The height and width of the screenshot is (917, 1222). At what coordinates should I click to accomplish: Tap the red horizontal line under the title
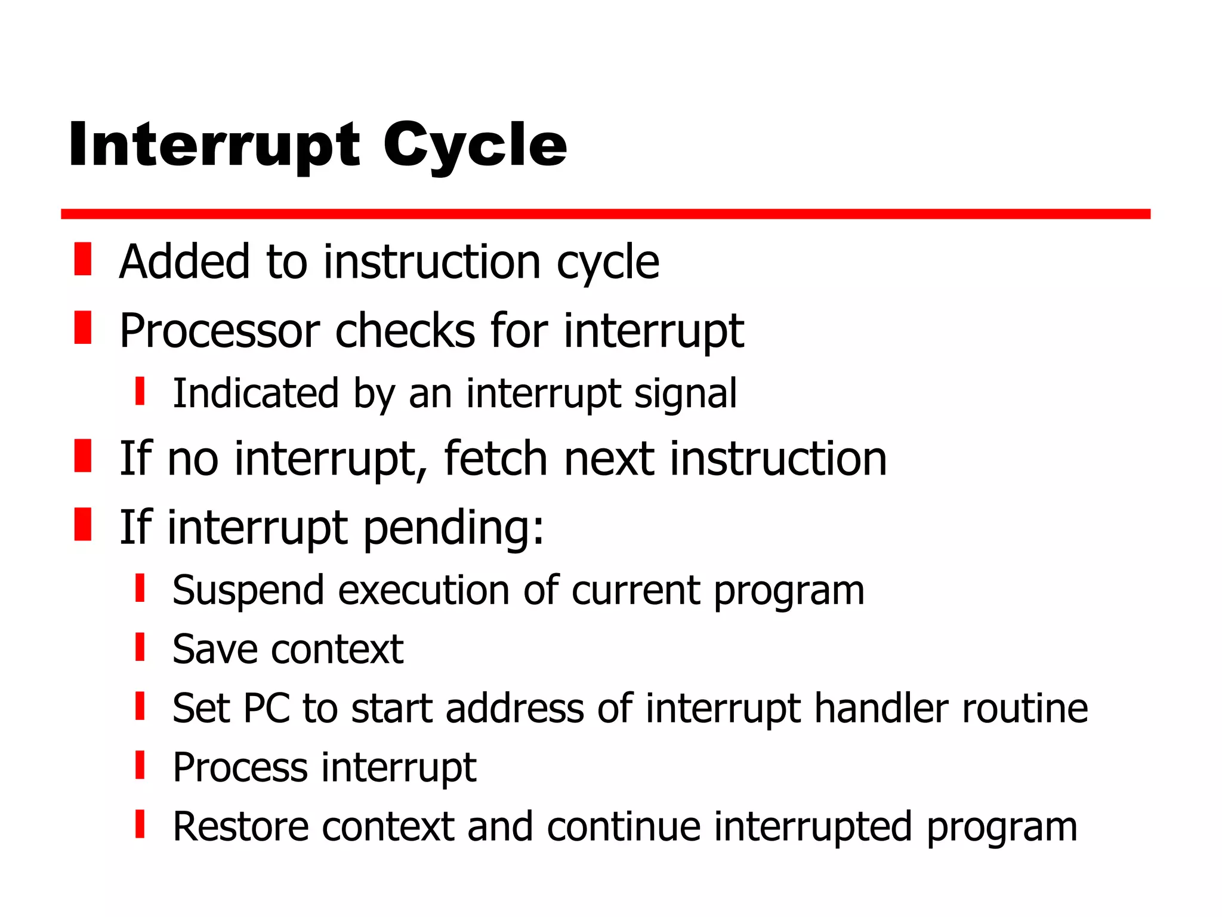coord(605,214)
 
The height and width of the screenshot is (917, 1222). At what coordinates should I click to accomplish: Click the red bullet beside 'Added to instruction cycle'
coord(83,259)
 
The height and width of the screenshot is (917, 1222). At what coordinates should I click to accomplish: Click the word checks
coord(405,331)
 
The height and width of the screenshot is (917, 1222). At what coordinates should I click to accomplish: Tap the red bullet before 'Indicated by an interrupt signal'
coord(140,391)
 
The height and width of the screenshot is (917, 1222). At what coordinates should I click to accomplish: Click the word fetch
coord(496,459)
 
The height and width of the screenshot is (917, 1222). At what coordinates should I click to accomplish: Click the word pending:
coord(453,528)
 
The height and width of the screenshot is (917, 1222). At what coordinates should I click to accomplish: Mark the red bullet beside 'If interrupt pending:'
coord(83,524)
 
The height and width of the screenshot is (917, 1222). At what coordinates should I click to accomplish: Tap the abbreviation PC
coord(266,709)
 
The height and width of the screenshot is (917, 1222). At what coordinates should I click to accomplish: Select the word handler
coord(881,709)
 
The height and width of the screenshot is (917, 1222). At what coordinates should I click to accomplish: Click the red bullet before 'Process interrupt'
coord(140,765)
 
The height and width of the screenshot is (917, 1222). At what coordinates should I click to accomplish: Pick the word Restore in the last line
coord(240,827)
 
